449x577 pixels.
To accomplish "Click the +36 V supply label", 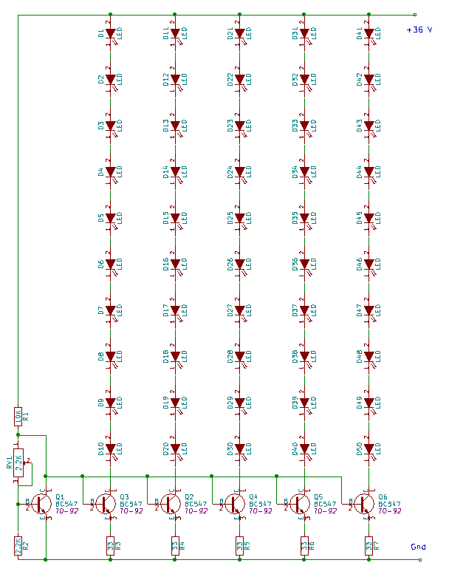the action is [x=418, y=30].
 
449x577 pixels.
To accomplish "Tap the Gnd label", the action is [x=417, y=547].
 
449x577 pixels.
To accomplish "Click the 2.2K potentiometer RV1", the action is [x=18, y=464].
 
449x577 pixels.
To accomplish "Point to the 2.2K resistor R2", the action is [x=18, y=546].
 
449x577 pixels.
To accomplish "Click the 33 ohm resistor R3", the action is [x=110, y=546].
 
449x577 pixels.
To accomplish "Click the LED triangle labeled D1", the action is [x=111, y=33].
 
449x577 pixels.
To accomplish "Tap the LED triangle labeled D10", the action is [x=111, y=448].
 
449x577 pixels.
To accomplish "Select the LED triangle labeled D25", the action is [x=239, y=218].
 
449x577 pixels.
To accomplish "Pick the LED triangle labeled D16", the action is [x=175, y=264].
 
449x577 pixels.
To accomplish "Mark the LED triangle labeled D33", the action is [x=304, y=126].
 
